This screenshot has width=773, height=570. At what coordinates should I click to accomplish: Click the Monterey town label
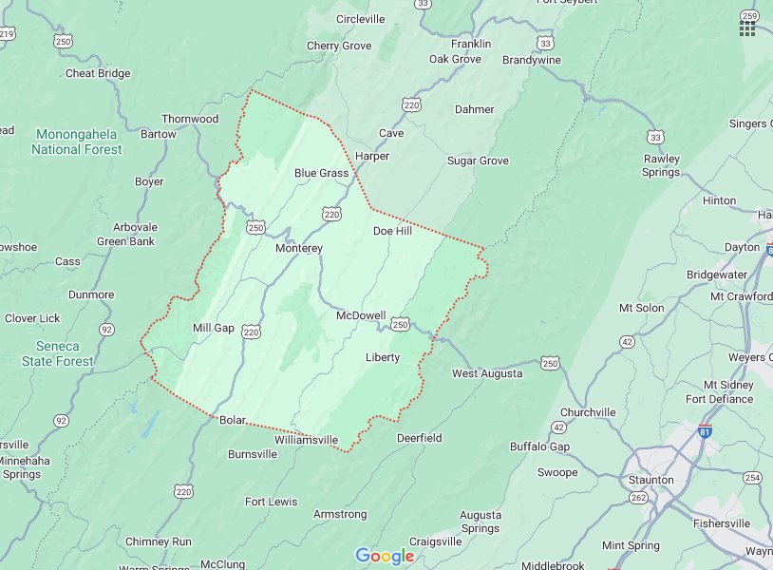tap(299, 248)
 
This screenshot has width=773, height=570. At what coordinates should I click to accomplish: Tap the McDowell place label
tap(360, 315)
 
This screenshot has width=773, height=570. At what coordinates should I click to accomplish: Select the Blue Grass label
tap(321, 173)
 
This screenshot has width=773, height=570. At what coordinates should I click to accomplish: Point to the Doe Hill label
tap(392, 231)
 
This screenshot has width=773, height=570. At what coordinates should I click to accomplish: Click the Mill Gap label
tap(213, 328)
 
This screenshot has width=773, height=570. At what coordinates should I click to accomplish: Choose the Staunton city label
tap(650, 480)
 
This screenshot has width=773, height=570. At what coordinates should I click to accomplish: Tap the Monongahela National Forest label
tap(76, 142)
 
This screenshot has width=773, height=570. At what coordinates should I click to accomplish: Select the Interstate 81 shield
tap(703, 429)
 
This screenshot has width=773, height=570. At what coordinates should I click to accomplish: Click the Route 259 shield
tap(750, 15)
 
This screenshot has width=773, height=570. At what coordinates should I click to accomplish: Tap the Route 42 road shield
tap(627, 341)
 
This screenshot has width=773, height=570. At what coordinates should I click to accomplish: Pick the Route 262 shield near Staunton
tap(638, 497)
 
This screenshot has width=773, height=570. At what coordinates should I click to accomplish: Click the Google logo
tap(385, 556)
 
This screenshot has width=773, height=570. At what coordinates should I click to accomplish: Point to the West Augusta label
tap(486, 373)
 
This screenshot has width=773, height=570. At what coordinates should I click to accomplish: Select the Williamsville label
tap(306, 440)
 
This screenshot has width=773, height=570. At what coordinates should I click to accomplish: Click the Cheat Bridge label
tap(98, 73)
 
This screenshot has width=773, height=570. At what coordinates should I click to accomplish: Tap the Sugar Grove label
tap(478, 161)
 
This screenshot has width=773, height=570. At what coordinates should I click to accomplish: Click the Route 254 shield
tap(753, 477)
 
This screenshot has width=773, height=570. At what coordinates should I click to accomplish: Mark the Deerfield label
tap(419, 438)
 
